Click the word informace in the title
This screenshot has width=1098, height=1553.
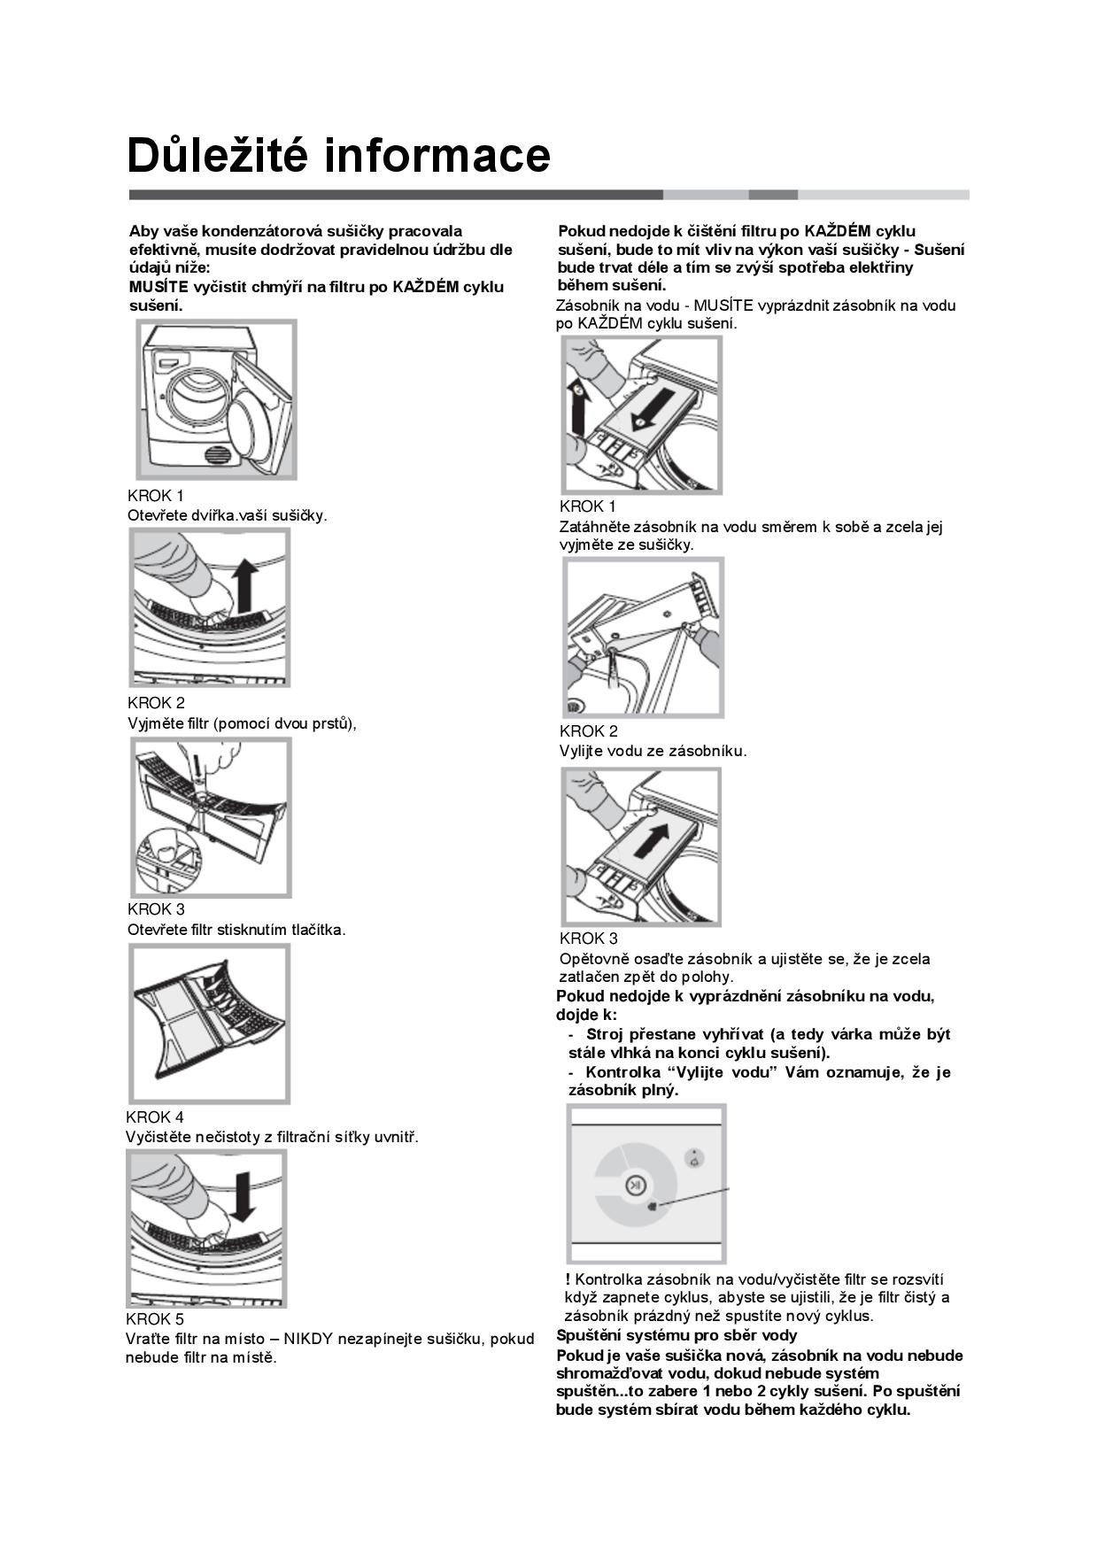tap(437, 155)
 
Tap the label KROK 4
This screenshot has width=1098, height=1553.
tap(155, 1117)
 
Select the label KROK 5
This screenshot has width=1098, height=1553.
tap(155, 1319)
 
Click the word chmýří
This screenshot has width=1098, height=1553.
tap(275, 287)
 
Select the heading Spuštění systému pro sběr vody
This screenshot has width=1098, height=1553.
tap(677, 1335)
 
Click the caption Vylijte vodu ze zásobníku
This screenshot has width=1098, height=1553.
tap(653, 751)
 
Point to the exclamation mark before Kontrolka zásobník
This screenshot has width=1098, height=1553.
tap(568, 1279)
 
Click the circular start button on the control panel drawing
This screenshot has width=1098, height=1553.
tap(635, 1186)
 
